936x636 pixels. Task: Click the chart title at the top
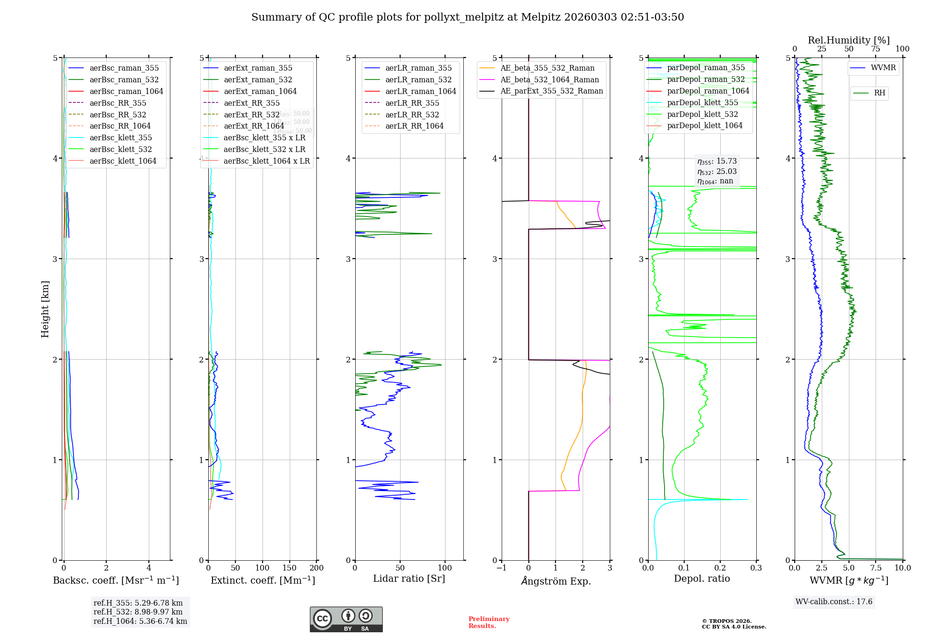(x=468, y=17)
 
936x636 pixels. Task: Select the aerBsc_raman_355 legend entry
(x=124, y=68)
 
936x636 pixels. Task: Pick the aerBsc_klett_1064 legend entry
(x=123, y=161)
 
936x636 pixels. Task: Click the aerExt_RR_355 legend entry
(x=251, y=103)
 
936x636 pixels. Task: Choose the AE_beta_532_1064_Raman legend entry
(x=549, y=79)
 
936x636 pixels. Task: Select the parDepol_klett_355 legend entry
(x=702, y=102)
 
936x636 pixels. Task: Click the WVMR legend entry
(x=883, y=68)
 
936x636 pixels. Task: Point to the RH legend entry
(x=879, y=93)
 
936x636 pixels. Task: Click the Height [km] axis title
(x=45, y=309)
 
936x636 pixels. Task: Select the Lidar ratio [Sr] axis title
(x=409, y=578)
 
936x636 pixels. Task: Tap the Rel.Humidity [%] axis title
(x=848, y=40)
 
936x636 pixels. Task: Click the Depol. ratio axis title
(x=702, y=578)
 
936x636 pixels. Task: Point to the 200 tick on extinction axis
(x=316, y=568)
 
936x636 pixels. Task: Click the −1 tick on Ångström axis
(x=501, y=568)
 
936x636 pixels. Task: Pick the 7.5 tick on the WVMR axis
(x=876, y=568)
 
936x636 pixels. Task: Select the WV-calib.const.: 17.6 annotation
(x=834, y=601)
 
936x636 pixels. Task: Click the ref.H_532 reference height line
(x=138, y=612)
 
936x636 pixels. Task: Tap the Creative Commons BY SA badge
(x=346, y=619)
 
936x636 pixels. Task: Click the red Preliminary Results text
(x=489, y=622)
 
